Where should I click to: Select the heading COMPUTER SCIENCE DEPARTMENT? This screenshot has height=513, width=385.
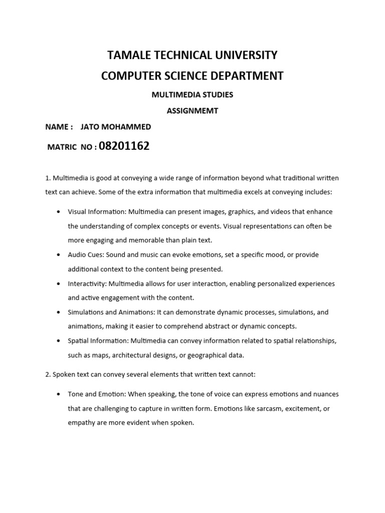(192, 76)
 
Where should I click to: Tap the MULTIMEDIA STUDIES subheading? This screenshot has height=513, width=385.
(192, 94)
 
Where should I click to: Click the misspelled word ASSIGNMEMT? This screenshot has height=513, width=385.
(192, 111)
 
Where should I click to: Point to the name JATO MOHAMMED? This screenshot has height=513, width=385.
(116, 127)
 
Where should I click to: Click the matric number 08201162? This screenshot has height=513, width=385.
(124, 146)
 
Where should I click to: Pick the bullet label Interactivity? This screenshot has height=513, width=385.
(87, 284)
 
